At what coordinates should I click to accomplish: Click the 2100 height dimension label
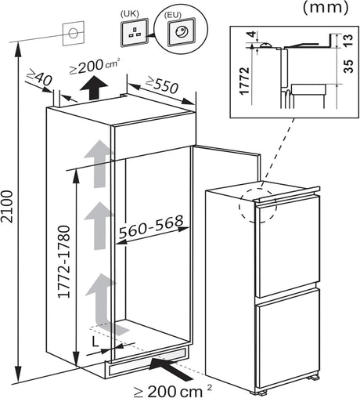(x=9, y=205)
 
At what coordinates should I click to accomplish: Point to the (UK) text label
(x=129, y=13)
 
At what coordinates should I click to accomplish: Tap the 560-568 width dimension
(x=152, y=223)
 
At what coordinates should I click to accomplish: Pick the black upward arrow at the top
(x=93, y=87)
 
